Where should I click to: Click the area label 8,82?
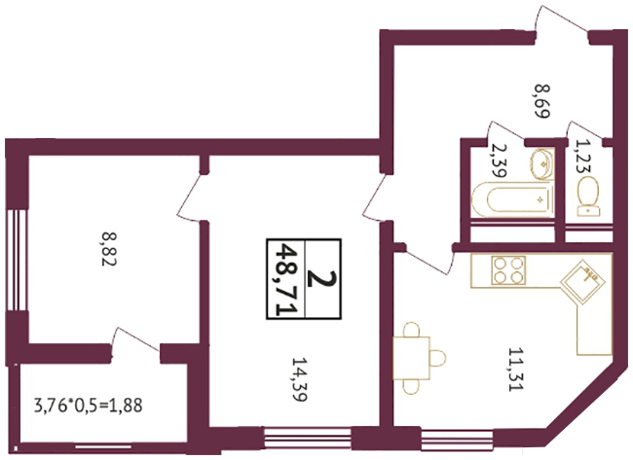(109, 248)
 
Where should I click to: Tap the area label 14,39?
(300, 379)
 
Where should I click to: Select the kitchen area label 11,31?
(515, 370)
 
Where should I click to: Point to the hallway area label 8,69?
(542, 101)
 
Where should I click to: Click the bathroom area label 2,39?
(498, 160)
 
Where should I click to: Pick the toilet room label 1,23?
(582, 156)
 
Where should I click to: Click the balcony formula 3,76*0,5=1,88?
(89, 406)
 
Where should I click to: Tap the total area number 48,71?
(285, 279)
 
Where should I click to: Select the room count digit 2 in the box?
(321, 279)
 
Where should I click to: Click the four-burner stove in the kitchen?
(508, 270)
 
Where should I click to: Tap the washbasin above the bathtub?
(541, 163)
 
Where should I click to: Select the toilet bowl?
(588, 196)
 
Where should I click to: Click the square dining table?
(411, 358)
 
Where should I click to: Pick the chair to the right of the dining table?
(438, 358)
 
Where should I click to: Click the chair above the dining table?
(411, 330)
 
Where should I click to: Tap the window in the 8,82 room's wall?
(17, 260)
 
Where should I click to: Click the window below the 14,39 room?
(307, 437)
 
